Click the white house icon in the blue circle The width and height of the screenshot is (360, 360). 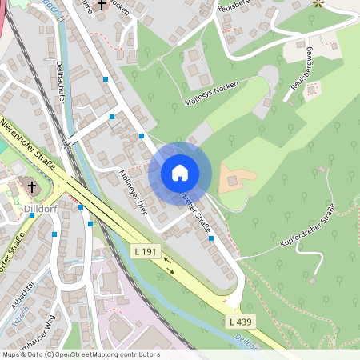point(180,173)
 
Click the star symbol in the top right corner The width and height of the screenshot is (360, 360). point(318,3)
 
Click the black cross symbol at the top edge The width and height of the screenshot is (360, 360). point(101,5)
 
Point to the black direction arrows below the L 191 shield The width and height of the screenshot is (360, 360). point(169,269)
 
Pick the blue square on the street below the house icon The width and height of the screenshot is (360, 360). point(210,238)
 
